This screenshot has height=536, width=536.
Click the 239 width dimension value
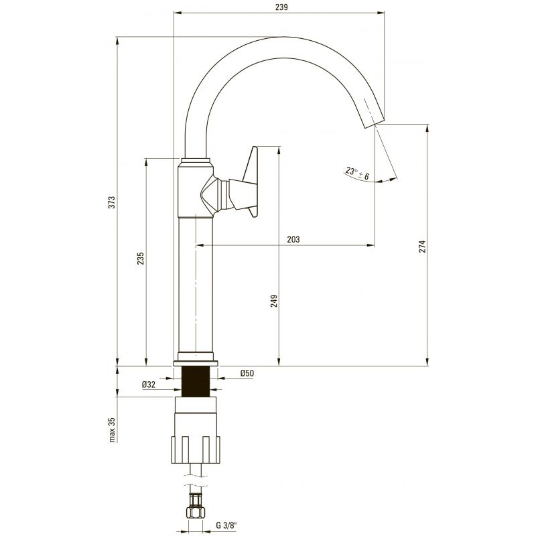[x=281, y=7]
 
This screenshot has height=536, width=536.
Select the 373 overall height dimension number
[x=112, y=202]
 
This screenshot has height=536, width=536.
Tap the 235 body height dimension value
[x=141, y=259]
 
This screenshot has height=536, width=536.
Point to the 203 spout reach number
[x=293, y=239]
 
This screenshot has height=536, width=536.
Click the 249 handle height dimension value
[x=274, y=301]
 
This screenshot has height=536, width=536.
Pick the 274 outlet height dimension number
[x=423, y=246]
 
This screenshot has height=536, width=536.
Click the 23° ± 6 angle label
[x=357, y=174]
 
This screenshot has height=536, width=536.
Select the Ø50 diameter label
[x=247, y=373]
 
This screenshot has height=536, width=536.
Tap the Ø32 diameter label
[x=149, y=385]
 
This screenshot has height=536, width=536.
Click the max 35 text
[x=112, y=430]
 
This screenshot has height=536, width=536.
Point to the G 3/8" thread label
[x=226, y=525]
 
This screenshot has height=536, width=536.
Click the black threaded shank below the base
[x=196, y=381]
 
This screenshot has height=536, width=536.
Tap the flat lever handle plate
[x=253, y=182]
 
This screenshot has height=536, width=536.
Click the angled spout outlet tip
[x=374, y=124]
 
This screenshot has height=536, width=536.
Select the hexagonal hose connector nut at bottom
[x=196, y=512]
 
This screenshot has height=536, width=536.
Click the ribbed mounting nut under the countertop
[x=196, y=449]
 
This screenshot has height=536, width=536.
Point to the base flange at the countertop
[x=196, y=363]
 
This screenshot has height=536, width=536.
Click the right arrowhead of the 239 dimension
[x=381, y=13]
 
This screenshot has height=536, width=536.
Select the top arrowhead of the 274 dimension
[x=427, y=129]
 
